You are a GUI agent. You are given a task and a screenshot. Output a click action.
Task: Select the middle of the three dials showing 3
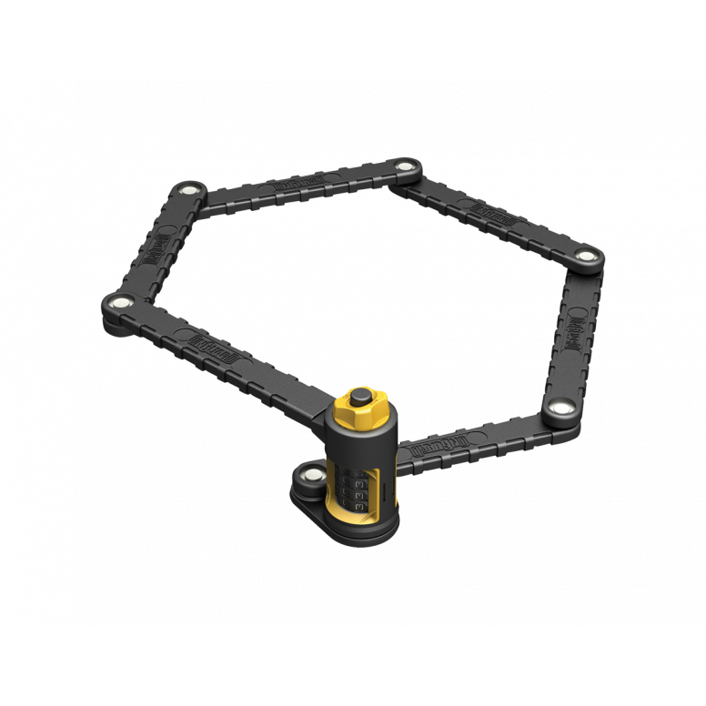click(361, 486)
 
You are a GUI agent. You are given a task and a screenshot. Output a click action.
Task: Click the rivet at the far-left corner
click(118, 302)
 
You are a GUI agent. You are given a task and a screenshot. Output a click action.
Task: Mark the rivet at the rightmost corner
click(584, 255)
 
